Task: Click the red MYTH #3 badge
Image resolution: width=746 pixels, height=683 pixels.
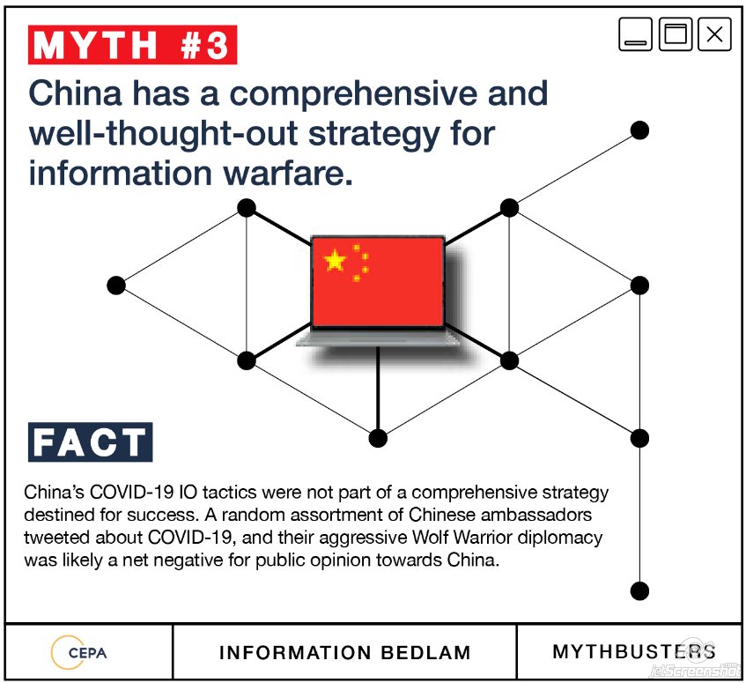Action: coord(133,45)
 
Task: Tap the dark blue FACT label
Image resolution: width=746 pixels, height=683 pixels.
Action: coord(91,442)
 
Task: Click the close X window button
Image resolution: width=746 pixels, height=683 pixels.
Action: coord(714,34)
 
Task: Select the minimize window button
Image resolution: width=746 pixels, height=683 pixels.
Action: coord(635,34)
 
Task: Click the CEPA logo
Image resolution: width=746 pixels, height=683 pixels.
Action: coord(79,652)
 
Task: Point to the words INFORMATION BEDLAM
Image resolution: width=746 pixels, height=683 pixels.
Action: coord(345,652)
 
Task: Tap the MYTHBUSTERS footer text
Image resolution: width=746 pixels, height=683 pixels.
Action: coord(634,651)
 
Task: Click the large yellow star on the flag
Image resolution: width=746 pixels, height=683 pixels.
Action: coord(335,260)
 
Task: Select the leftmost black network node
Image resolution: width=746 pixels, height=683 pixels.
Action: coord(116,286)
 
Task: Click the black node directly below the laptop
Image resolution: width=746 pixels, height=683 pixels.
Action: coord(378,438)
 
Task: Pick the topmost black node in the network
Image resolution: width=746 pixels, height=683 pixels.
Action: coord(639,130)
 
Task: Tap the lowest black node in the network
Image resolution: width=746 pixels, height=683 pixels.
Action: coord(639,590)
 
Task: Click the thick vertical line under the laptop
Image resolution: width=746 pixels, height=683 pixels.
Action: coord(378,388)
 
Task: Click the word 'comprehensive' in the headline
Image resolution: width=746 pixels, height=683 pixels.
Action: coord(354,93)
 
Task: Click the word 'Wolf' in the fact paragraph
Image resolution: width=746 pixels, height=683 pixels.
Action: coord(431,538)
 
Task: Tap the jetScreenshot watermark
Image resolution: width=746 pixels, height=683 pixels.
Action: coord(695,670)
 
